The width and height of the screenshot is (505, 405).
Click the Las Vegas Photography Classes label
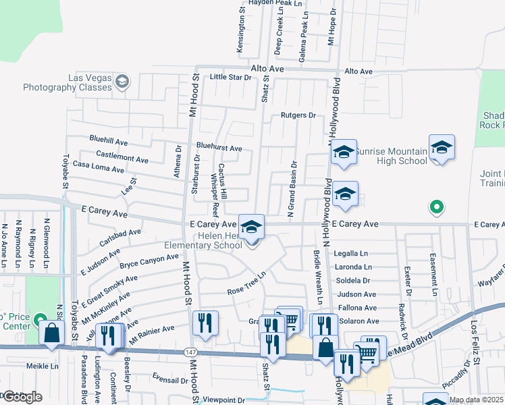pos(67,83)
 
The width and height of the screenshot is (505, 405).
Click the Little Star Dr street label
pos(230,77)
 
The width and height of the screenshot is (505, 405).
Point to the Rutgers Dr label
pos(298,115)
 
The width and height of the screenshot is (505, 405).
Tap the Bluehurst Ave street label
pos(219,148)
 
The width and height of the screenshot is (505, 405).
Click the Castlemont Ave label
pos(123,159)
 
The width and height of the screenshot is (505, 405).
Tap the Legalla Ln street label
pos(351,253)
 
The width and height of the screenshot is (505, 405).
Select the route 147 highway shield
pos(191,352)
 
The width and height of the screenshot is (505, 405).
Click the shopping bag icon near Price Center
pos(52,333)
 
